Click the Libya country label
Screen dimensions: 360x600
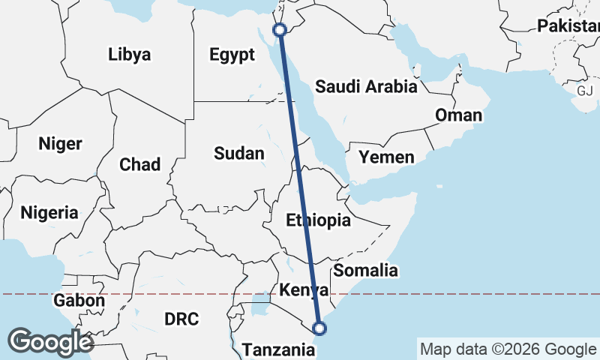129,55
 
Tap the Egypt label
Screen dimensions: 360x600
227,55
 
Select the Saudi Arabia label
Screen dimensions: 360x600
366,86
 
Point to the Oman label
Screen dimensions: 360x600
459,115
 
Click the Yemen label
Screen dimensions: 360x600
386,157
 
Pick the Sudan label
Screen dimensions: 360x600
238,154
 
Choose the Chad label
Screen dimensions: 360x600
139,164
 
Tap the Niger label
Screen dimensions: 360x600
60,143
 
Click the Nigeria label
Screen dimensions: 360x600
49,212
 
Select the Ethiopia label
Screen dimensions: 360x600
319,220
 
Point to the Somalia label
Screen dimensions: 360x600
365,271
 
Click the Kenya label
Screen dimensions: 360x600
303,290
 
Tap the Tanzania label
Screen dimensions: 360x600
276,349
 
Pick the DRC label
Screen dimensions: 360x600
181,319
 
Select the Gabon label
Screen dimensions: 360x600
79,301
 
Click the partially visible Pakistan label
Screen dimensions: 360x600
568,26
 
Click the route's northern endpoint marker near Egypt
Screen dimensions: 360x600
280,30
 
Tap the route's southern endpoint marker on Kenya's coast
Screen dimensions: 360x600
319,328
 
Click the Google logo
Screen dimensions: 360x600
50,342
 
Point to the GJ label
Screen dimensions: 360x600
584,91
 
